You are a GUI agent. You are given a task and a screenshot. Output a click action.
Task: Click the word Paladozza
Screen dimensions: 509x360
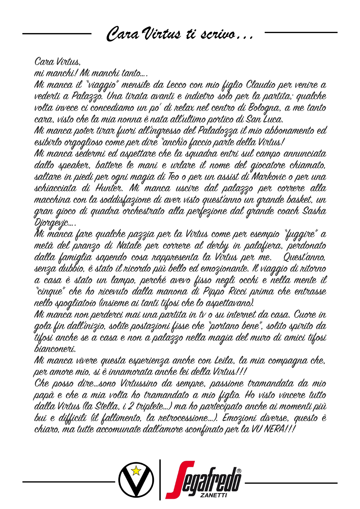[218, 131]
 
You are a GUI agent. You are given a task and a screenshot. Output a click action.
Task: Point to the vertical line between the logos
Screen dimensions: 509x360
[160, 479]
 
